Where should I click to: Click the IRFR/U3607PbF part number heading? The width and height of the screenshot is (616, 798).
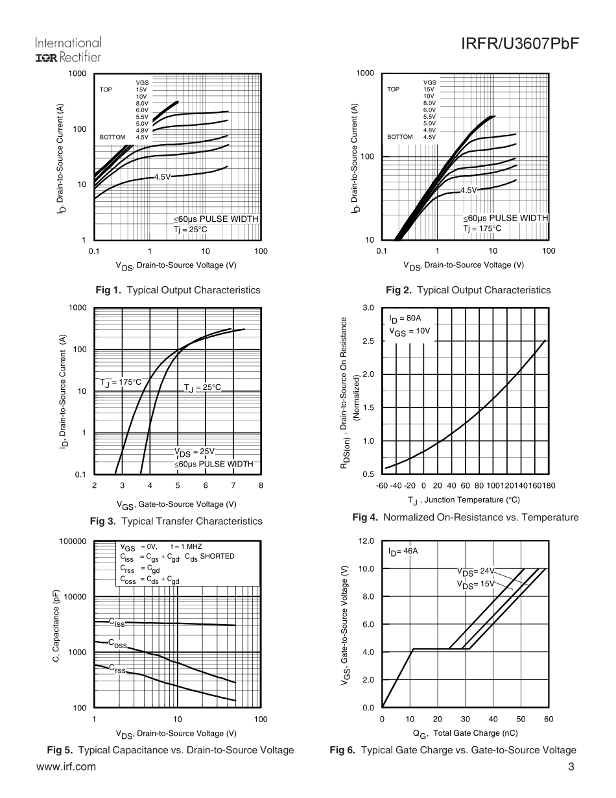(519, 45)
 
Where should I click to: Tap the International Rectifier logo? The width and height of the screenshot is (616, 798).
(68, 50)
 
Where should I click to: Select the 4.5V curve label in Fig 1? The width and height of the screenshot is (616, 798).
(161, 176)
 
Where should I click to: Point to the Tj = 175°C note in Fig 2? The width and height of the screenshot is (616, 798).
(482, 228)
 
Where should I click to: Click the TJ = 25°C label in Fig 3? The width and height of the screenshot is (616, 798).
(202, 388)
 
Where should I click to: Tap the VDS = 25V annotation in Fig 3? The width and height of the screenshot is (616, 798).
(194, 452)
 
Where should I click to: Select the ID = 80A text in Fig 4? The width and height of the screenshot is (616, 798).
(406, 319)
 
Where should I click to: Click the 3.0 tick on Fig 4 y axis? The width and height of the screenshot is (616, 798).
(368, 308)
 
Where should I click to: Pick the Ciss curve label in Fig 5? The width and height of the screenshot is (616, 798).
(116, 622)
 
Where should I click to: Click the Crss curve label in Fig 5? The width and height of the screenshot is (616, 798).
(117, 668)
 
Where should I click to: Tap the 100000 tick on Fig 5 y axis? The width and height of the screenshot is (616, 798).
(73, 541)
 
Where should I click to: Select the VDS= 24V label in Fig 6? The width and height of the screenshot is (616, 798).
(475, 572)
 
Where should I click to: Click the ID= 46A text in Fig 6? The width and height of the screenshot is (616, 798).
(403, 552)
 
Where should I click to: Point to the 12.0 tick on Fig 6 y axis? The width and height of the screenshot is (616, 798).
(367, 541)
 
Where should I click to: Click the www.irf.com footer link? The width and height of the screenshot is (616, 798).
(67, 766)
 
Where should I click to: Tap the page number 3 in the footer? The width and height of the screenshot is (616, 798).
(571, 766)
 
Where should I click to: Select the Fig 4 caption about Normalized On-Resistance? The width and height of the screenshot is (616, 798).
(465, 517)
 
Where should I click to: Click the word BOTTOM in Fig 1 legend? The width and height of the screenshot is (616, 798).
(112, 138)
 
